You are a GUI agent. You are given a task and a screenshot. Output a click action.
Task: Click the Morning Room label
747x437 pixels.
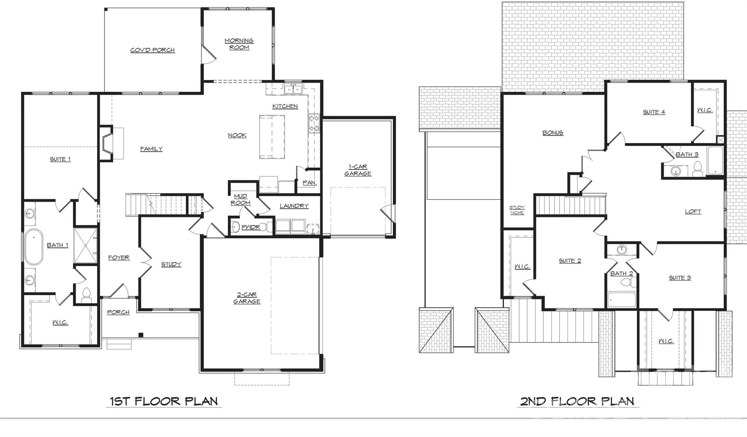239,44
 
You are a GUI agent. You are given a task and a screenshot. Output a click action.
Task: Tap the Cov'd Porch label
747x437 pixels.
152,50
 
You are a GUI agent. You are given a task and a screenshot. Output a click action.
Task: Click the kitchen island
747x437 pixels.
272,137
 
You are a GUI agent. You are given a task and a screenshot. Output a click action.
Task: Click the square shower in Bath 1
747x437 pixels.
85,245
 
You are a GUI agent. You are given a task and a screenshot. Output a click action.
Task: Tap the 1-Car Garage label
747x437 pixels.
358,170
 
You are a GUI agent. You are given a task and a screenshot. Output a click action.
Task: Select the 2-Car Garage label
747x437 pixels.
247,298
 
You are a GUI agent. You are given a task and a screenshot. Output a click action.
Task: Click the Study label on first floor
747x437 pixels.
171,264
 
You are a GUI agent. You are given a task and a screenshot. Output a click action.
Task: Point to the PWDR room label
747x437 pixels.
251,227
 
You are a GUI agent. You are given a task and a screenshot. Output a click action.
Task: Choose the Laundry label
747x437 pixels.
294,206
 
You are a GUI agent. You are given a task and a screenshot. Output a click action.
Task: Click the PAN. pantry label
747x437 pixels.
309,182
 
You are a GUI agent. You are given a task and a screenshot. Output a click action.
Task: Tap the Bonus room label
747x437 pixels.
553,133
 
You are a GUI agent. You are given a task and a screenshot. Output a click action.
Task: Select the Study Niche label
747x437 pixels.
517,210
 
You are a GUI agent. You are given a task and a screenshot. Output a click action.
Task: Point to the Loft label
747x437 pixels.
693,212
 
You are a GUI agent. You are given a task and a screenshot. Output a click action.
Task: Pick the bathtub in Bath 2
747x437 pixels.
622,299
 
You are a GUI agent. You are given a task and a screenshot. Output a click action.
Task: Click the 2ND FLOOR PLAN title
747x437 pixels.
577,401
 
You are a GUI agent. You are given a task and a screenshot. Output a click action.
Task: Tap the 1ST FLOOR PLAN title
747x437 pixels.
164,401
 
